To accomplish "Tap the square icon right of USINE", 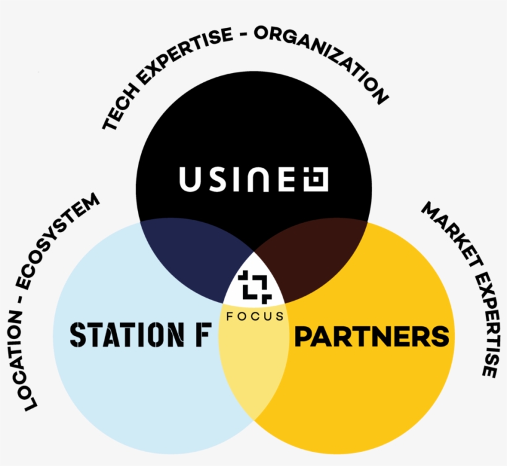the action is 315,179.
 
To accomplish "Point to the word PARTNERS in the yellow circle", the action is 372,336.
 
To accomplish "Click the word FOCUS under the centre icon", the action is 255,316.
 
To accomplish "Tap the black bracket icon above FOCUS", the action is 255,287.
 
